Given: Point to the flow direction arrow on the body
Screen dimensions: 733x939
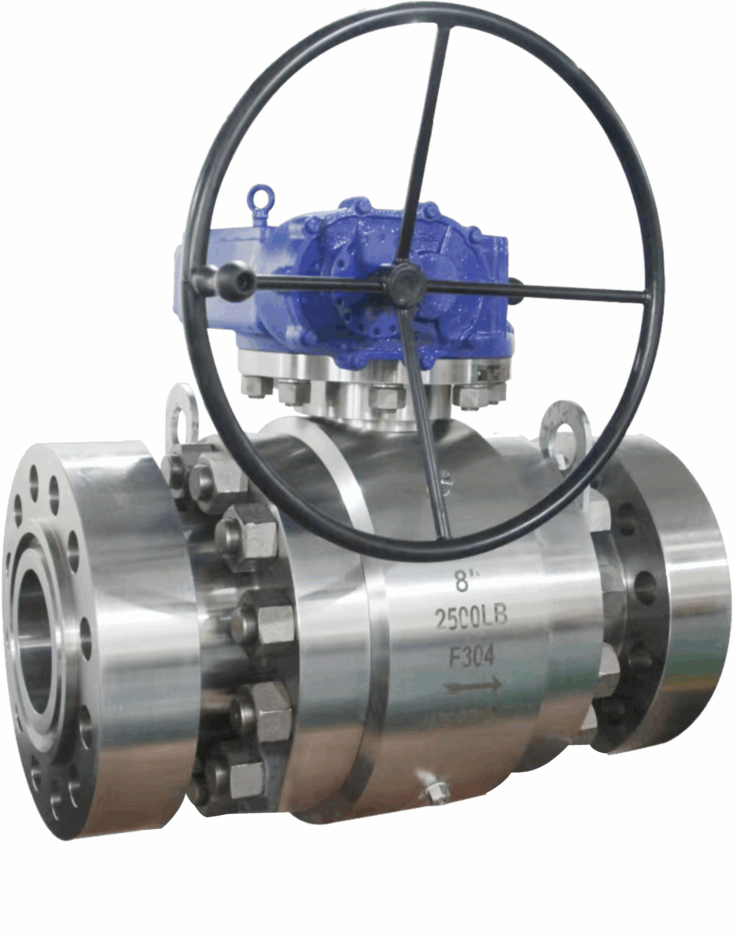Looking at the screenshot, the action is pos(473,684).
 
